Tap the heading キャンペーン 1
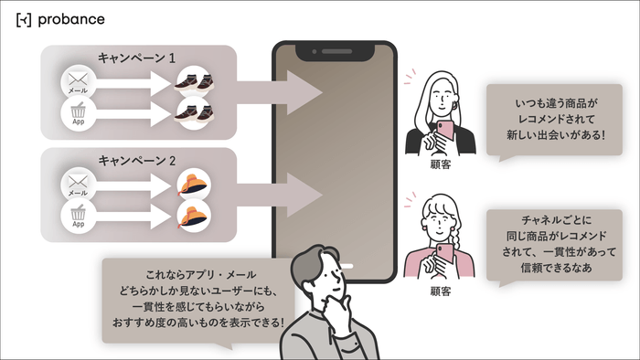(x=137, y=57)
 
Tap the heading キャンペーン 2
(x=137, y=160)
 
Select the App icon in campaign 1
(x=78, y=115)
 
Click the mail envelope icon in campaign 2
(x=78, y=184)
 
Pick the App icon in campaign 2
(x=78, y=216)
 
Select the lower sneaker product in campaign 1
(x=193, y=114)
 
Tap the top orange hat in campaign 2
(x=193, y=183)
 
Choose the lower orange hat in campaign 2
(x=193, y=215)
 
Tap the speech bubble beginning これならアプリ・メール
(x=197, y=297)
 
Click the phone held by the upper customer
(x=446, y=131)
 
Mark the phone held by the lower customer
(x=445, y=255)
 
